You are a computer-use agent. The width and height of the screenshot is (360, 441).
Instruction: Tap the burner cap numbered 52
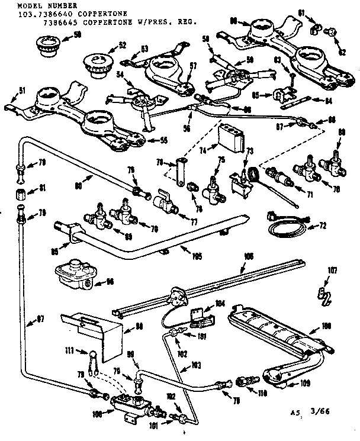pyautogui.click(x=96, y=64)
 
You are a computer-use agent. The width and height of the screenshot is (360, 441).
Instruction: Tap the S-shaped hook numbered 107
pyautogui.click(x=322, y=294)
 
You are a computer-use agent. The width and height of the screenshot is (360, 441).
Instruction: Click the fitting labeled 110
pyautogui.click(x=246, y=379)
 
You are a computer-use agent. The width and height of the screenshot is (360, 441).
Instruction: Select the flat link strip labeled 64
pyautogui.click(x=298, y=101)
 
